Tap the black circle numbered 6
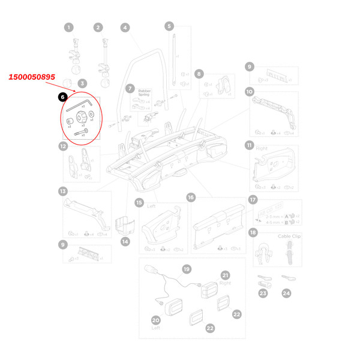62,96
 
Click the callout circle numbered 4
125,28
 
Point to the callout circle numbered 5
169,26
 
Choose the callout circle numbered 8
199,73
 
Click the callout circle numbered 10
250,92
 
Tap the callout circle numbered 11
250,145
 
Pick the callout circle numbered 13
62,191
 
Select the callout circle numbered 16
191,197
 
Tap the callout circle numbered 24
286,293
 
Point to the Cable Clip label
288,236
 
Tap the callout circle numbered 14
125,241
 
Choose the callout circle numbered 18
253,232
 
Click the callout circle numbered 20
155,320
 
